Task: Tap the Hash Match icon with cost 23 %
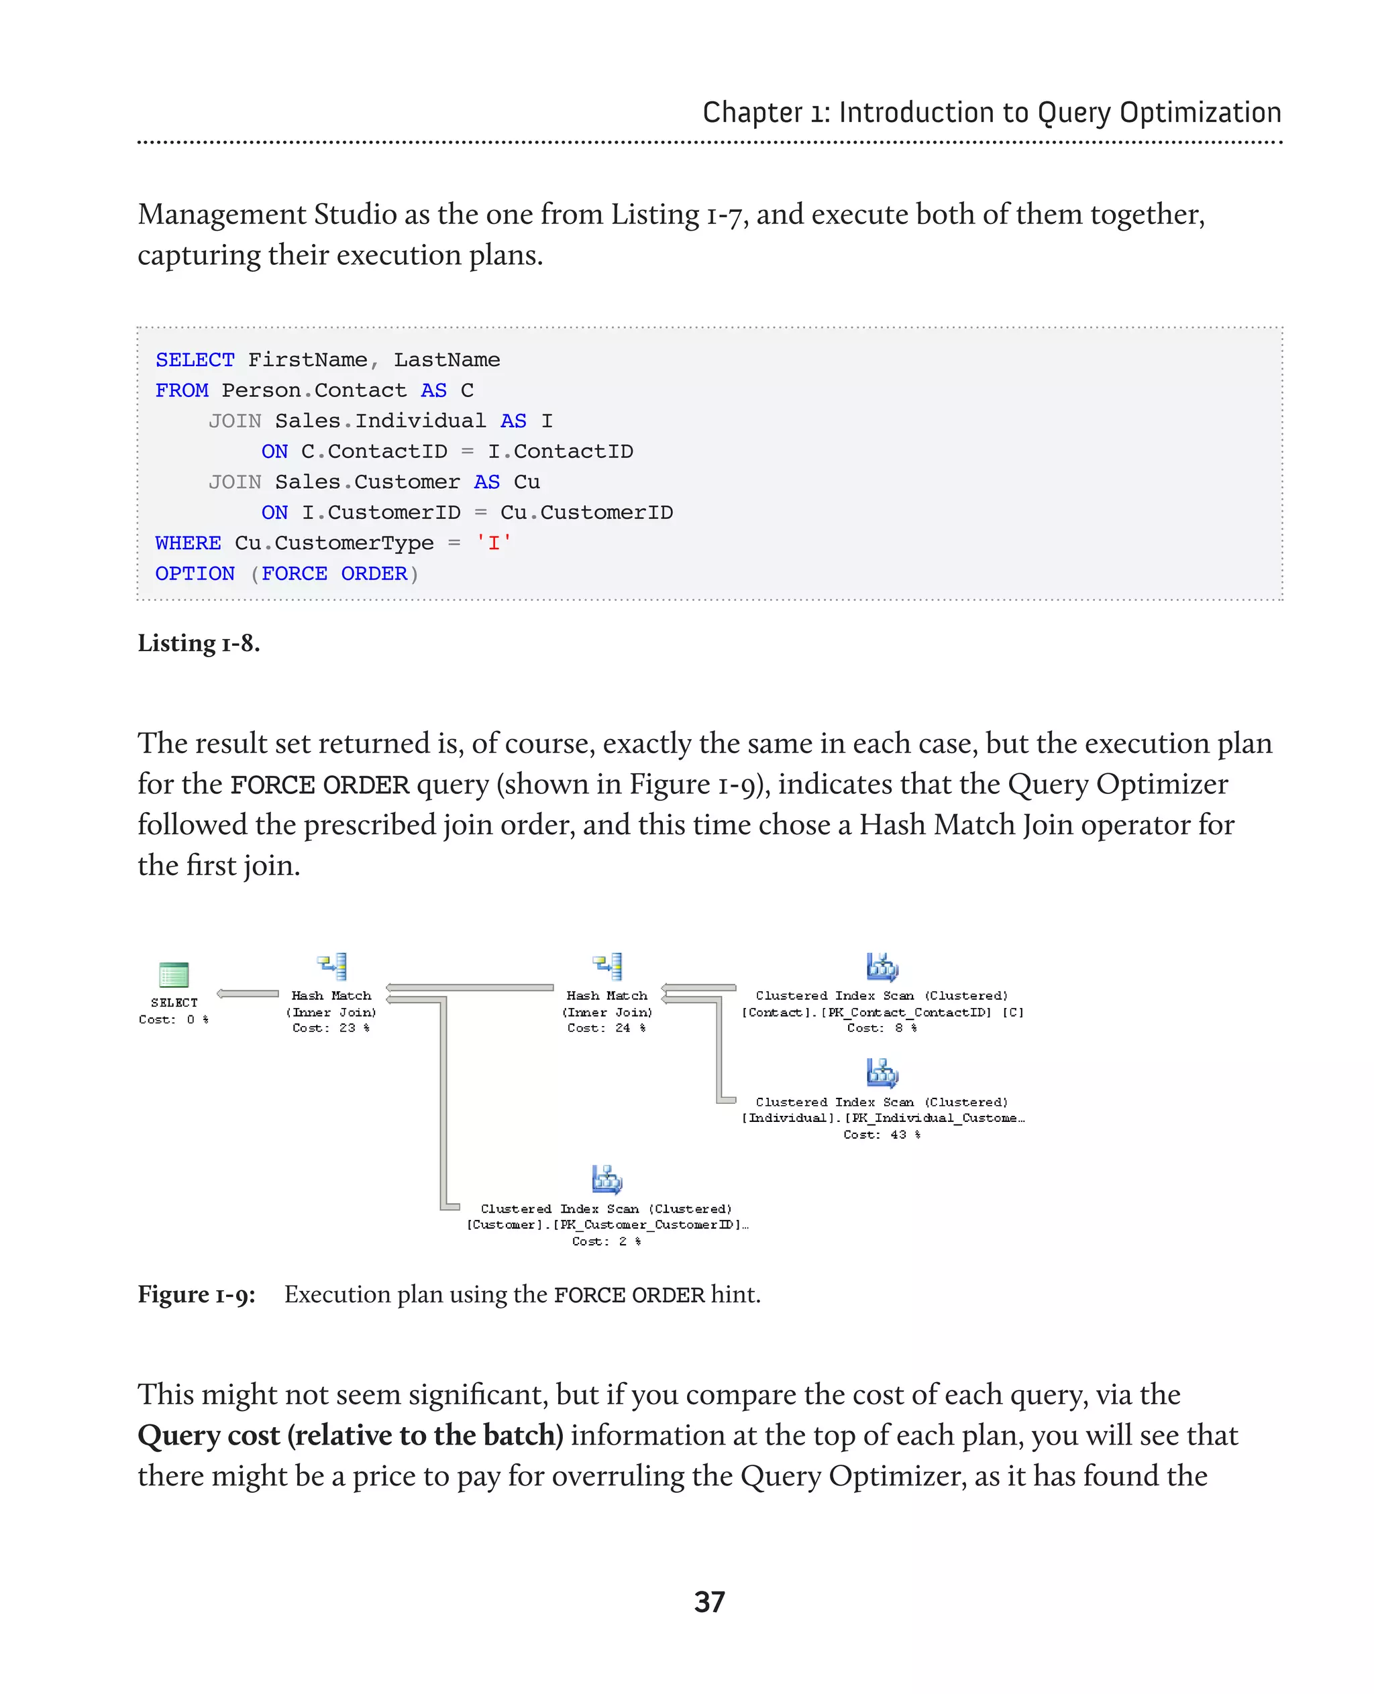tap(332, 967)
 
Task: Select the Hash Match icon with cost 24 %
tap(608, 967)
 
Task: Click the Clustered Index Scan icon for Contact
tap(882, 967)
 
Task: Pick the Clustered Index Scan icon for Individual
tap(882, 1073)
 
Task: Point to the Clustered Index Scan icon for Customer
tap(607, 1180)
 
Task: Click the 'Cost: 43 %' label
tap(882, 1135)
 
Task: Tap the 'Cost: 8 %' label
tap(882, 1028)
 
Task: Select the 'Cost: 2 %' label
tap(607, 1241)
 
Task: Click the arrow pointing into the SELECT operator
tap(247, 994)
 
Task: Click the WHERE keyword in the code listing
tap(188, 543)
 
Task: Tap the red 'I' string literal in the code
tap(493, 543)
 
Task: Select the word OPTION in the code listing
tap(195, 573)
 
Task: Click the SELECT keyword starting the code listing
tap(195, 360)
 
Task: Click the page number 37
tap(709, 1602)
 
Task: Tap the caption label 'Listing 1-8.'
tap(199, 643)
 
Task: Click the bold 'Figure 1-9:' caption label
tap(197, 1294)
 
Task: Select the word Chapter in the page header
tap(752, 113)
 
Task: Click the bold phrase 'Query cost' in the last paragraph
tap(209, 1435)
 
